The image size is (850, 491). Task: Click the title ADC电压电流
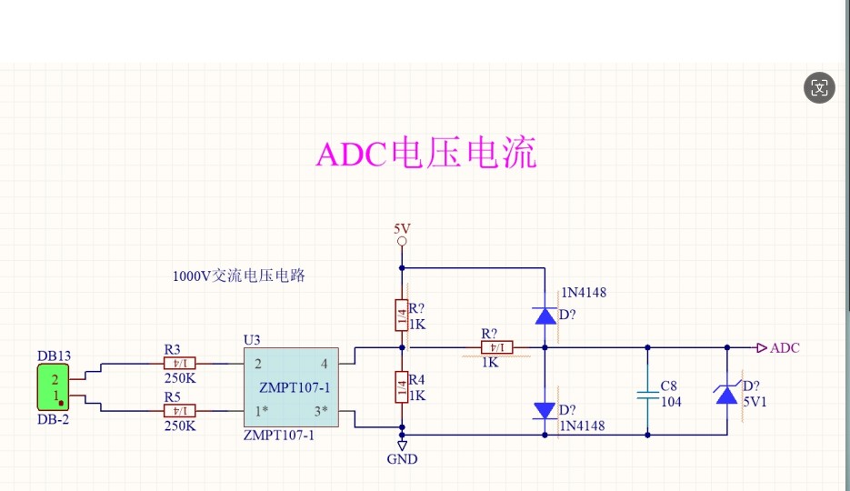[x=425, y=154]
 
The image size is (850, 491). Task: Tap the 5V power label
[x=402, y=228]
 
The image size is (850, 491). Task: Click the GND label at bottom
[x=402, y=459]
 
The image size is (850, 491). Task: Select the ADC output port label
[x=785, y=347]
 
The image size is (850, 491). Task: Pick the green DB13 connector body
[x=54, y=387]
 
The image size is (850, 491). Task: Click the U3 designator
[x=252, y=340]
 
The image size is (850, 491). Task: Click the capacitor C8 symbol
[x=647, y=395]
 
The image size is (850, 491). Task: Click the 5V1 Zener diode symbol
[x=726, y=395]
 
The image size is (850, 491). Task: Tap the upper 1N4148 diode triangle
[x=545, y=316]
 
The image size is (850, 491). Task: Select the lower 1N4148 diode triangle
[x=545, y=410]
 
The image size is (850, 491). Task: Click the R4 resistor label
[x=417, y=379]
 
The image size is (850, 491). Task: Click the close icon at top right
[x=820, y=87]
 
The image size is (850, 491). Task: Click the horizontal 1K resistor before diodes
[x=489, y=347]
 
